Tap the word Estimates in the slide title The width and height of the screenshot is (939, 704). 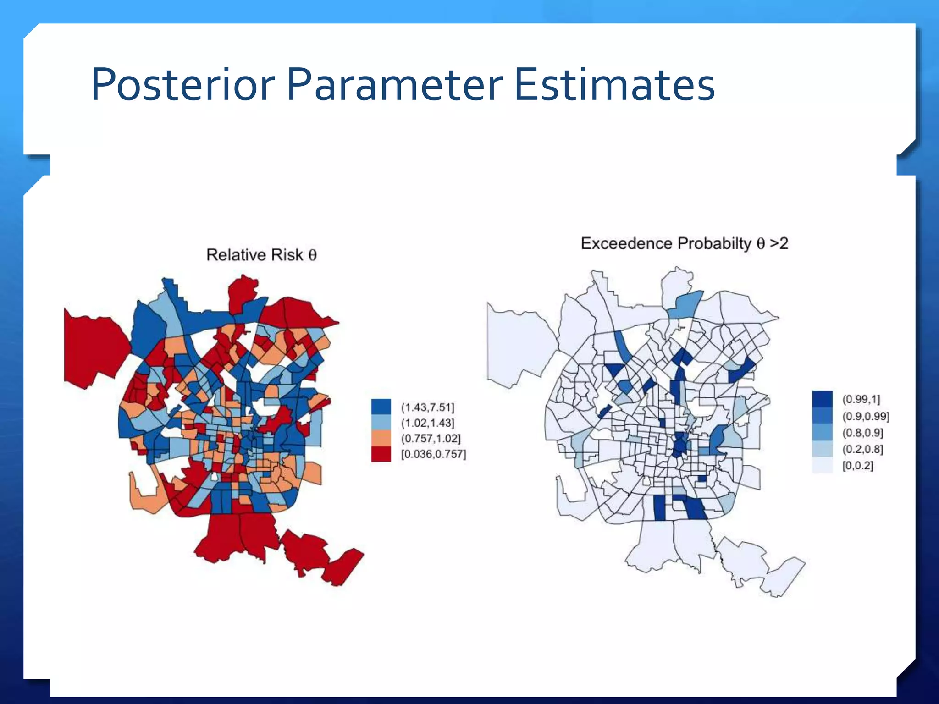[x=614, y=85]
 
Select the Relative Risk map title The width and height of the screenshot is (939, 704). [x=261, y=255]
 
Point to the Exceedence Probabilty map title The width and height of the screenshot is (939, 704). [x=684, y=243]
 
